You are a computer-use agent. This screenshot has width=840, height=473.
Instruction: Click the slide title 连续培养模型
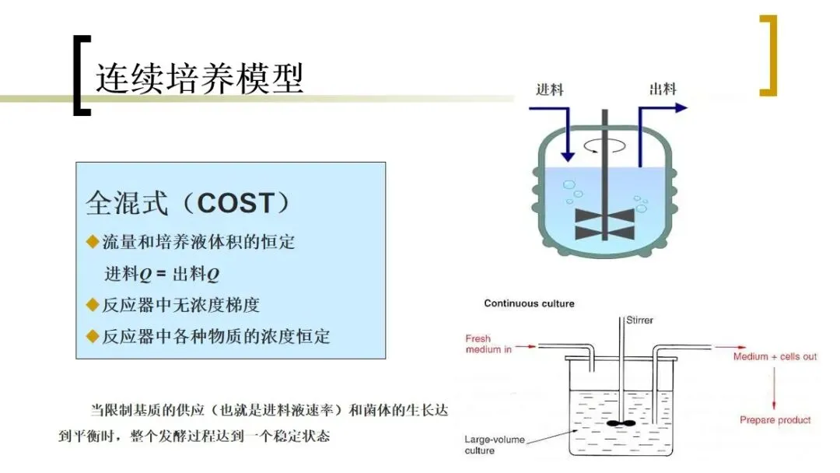click(x=199, y=78)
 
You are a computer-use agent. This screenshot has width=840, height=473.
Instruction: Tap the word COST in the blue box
click(x=235, y=204)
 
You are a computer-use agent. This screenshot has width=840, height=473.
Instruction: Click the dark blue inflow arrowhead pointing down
click(x=567, y=155)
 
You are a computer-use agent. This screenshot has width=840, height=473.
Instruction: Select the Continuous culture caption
click(x=529, y=303)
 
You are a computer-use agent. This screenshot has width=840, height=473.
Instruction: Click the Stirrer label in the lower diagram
click(x=639, y=319)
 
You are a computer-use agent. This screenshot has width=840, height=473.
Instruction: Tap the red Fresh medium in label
click(x=488, y=344)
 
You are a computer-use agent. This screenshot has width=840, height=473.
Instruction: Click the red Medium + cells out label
click(x=775, y=356)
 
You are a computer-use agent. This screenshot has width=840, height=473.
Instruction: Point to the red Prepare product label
click(x=775, y=420)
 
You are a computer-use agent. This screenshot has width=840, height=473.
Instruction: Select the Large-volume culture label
click(x=494, y=445)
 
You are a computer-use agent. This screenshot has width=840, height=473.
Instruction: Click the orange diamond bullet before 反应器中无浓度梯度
click(x=93, y=305)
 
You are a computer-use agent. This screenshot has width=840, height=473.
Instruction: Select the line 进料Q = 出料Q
click(x=162, y=274)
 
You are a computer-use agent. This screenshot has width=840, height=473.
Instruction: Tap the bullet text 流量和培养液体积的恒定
click(x=199, y=242)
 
